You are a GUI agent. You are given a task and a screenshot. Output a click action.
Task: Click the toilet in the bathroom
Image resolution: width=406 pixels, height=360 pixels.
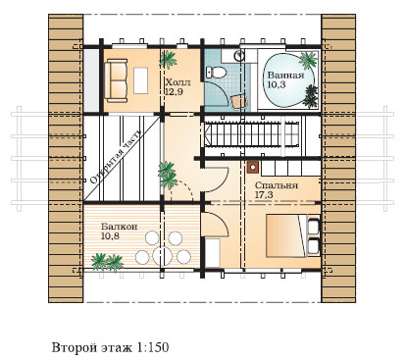[x=216, y=72]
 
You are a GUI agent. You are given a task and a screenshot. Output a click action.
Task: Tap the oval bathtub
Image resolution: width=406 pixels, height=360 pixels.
[x=287, y=80]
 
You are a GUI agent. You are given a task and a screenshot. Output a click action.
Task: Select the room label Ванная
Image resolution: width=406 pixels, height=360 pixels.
[x=285, y=76]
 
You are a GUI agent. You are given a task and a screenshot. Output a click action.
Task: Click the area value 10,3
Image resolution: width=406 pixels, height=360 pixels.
[x=277, y=85]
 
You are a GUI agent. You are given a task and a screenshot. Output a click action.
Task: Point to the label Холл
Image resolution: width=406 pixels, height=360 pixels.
[x=178, y=82]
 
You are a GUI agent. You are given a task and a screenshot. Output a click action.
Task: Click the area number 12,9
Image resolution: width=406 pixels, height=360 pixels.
[x=174, y=92]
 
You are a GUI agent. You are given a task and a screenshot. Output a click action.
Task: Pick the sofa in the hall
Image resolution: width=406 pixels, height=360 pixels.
[x=116, y=80]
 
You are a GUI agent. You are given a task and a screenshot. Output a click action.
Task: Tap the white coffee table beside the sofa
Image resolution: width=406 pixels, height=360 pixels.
[x=141, y=80]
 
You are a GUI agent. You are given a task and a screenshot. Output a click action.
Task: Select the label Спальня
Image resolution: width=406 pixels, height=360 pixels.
[x=277, y=185]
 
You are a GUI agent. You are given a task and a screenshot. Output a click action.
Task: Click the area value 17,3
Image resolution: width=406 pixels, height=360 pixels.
[x=264, y=195]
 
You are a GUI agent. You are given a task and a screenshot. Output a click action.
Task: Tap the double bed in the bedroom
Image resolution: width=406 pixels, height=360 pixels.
[x=293, y=235]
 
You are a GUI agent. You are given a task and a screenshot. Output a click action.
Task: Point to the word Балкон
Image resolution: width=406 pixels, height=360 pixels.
[x=119, y=227]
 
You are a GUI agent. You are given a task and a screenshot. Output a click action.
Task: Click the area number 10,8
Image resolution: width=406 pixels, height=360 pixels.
[x=110, y=236]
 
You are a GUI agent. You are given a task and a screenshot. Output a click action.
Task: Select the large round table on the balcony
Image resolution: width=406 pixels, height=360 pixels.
[x=163, y=256]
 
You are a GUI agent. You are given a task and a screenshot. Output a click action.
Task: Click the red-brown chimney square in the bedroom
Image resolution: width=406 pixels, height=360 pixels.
[x=253, y=167]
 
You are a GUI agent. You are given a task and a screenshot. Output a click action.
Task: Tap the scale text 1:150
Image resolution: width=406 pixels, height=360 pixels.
[x=152, y=347]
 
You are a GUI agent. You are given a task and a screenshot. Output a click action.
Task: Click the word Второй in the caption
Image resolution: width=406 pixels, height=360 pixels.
[x=71, y=347]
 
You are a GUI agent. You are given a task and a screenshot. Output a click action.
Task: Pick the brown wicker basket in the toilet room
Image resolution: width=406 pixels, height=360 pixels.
[x=238, y=101]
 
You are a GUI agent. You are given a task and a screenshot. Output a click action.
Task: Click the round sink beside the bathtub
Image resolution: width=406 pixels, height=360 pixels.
[x=239, y=56]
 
